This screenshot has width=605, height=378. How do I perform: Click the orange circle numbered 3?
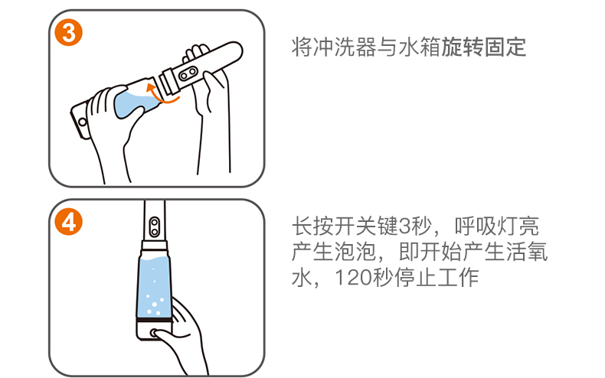coord(69,32)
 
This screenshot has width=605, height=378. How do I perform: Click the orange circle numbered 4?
coord(69,222)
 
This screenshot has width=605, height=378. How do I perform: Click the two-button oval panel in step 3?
coord(188,73)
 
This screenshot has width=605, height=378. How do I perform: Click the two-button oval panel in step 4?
coord(155,226)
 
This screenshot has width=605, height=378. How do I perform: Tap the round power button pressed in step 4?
coord(154,333)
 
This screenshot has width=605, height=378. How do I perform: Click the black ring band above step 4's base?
coord(154,321)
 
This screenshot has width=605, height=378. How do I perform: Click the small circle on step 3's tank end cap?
coord(82,122)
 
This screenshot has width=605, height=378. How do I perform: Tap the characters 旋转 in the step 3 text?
coord(462,47)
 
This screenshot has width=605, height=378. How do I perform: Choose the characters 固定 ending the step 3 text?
coord(505,47)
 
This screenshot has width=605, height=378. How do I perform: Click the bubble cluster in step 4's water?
coord(154,304)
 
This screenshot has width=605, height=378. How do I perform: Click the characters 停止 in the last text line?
coord(415,278)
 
